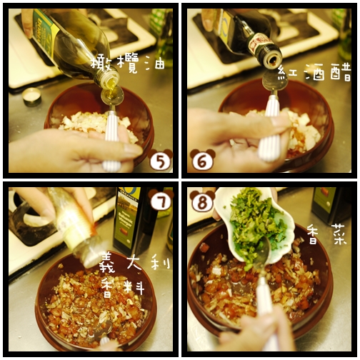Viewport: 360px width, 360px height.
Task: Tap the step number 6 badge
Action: [203, 160]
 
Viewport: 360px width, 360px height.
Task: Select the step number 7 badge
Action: [161, 200]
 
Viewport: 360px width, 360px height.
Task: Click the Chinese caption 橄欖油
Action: [128, 64]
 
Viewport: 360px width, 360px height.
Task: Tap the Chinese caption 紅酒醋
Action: [314, 72]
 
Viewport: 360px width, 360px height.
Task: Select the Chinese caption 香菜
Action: [326, 234]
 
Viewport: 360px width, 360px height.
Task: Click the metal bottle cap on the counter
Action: [31, 96]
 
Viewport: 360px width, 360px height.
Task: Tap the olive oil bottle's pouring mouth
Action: [110, 80]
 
